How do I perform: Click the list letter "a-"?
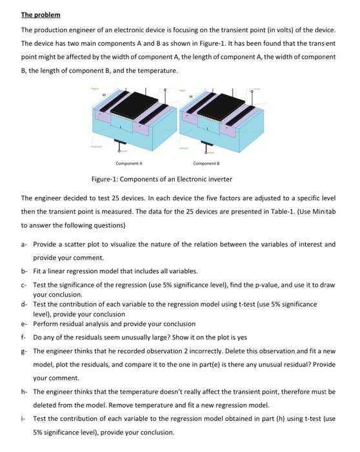[24, 245]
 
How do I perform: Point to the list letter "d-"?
[24, 303]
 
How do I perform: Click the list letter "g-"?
[24, 351]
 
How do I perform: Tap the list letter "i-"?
[23, 418]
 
